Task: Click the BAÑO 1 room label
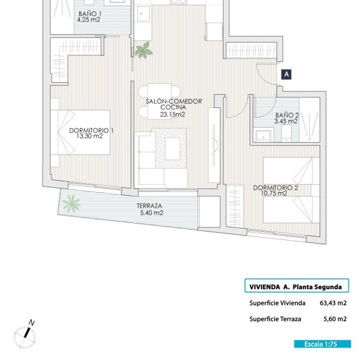(90, 14)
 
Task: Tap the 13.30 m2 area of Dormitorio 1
(89, 136)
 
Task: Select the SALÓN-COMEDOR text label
(174, 101)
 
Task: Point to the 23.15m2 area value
(172, 115)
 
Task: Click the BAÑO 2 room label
(287, 115)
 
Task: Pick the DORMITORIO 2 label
(275, 188)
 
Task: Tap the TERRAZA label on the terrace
(149, 206)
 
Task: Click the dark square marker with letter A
(286, 74)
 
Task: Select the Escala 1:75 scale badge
(323, 344)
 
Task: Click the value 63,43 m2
(333, 303)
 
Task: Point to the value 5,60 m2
(335, 319)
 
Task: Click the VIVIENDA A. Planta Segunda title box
(296, 286)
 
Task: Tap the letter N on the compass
(32, 323)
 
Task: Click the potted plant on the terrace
(71, 203)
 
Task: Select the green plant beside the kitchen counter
(144, 50)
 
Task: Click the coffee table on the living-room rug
(173, 149)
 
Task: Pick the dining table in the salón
(160, 101)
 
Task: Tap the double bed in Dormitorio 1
(80, 132)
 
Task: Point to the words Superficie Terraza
(275, 319)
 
